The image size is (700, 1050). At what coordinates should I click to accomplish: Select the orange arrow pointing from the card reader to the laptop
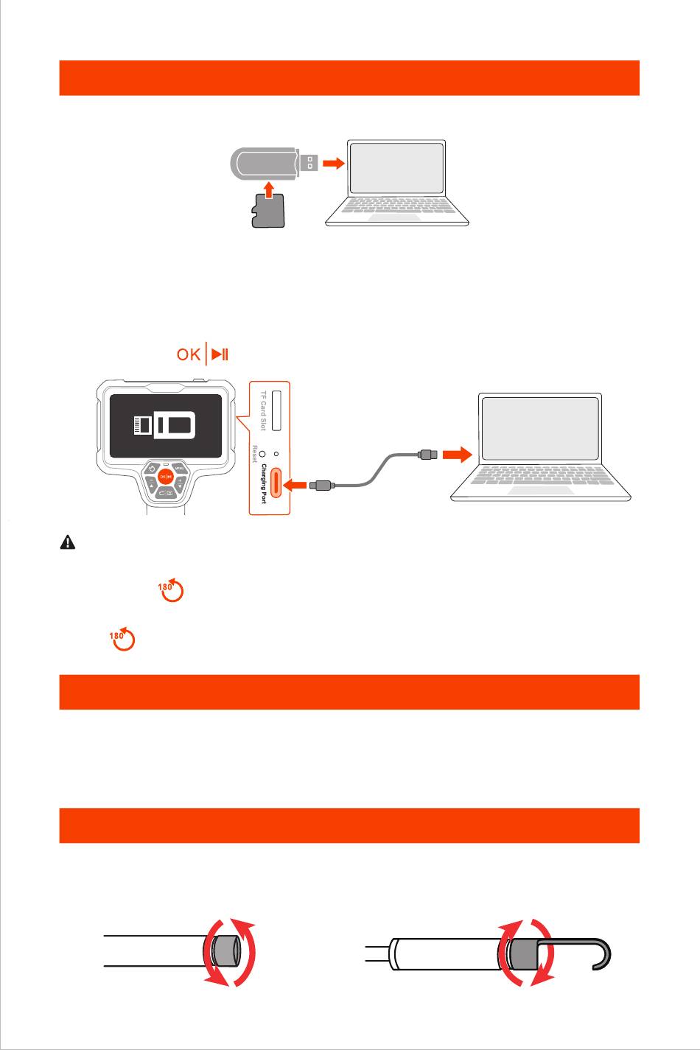[335, 164]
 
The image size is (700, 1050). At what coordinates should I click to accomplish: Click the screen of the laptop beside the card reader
[396, 169]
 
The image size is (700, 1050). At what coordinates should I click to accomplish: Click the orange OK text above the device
[189, 355]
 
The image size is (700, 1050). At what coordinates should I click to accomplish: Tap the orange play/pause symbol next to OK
[220, 355]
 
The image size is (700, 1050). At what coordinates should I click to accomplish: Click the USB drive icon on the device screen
[165, 426]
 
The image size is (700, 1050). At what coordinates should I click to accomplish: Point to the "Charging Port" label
[262, 483]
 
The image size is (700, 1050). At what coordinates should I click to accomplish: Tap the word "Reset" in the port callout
[255, 455]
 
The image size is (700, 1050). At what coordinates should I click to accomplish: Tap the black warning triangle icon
[67, 543]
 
